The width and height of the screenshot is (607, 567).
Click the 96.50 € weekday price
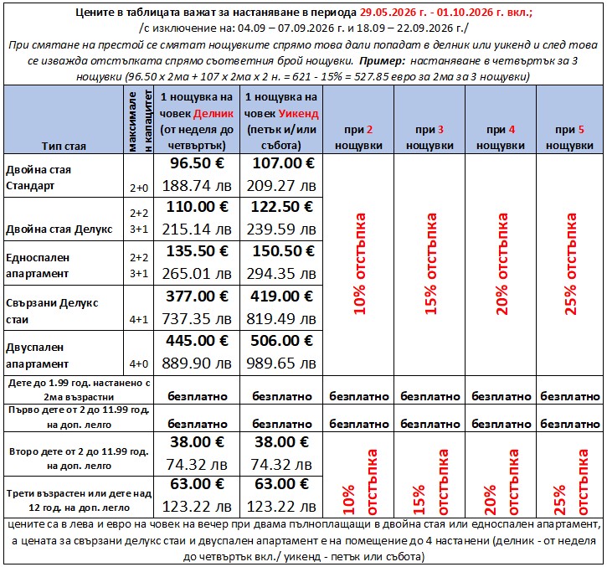click(193, 163)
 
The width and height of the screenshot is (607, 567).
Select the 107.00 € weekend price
click(279, 163)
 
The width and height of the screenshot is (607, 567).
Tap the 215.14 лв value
click(193, 229)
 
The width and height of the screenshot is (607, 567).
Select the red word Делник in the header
click(215, 112)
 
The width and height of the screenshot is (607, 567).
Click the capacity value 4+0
click(138, 363)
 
